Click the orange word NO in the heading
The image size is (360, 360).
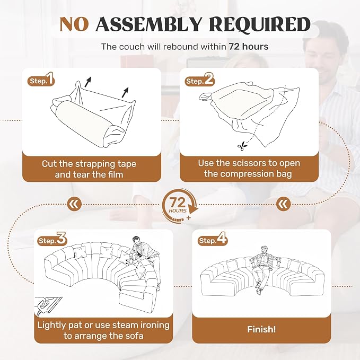point(74,24)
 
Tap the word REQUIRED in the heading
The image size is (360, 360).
point(260,24)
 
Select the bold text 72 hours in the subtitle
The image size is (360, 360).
point(249,47)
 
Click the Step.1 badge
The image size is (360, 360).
point(41,80)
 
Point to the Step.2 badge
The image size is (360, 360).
point(199,80)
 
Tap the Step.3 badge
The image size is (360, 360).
point(52,239)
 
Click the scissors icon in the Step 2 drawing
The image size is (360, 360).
point(242,146)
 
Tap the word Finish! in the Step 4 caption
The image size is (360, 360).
point(261,329)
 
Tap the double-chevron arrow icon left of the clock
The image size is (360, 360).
point(74,204)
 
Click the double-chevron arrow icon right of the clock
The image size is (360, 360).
point(283,204)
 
